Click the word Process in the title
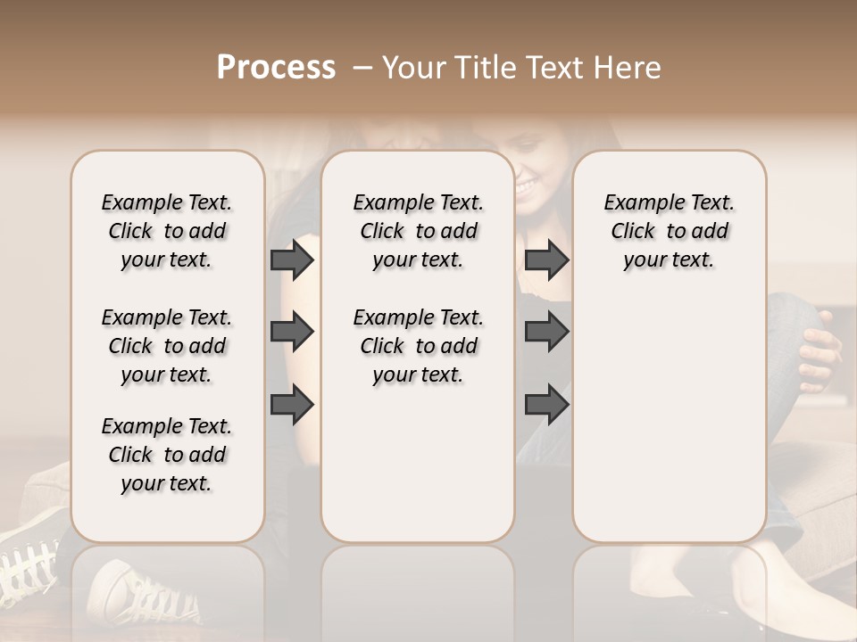coord(275,68)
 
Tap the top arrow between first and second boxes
coord(292,260)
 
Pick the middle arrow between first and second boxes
coord(292,332)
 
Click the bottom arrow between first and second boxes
coord(292,405)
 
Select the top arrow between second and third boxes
coord(546,260)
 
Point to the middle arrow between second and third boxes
coord(546,332)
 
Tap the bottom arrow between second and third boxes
coord(546,405)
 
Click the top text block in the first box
coord(167,231)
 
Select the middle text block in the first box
coord(167,346)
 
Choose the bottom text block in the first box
coord(167,455)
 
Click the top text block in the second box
coord(418,231)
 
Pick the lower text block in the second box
coord(418,346)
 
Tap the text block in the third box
coord(669,231)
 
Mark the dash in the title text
coord(362,68)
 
